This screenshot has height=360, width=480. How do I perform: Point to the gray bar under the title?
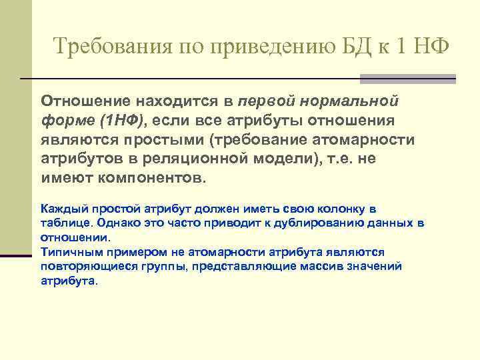tap(407, 79)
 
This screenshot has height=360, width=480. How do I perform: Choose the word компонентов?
tap(153, 179)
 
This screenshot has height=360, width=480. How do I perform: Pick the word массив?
tap(321, 266)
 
